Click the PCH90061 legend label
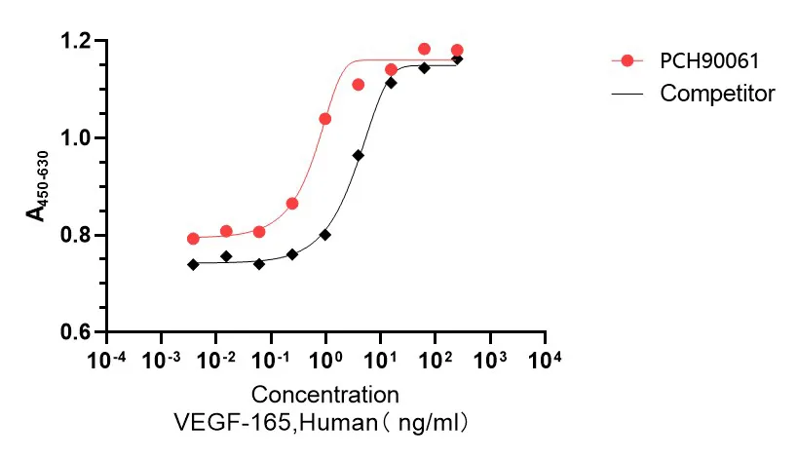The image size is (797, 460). click(x=707, y=60)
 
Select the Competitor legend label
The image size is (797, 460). click(x=717, y=94)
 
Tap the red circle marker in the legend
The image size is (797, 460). click(x=627, y=60)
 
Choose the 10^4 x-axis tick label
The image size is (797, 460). click(x=544, y=361)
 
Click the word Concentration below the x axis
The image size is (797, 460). click(x=325, y=395)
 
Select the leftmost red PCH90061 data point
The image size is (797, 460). click(x=193, y=239)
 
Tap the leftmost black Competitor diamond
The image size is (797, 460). click(x=193, y=264)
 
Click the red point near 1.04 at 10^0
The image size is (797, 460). click(x=325, y=119)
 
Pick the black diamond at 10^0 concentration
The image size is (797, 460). click(x=325, y=235)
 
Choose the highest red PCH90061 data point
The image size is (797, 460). click(x=424, y=49)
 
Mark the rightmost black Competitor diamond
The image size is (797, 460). click(x=457, y=59)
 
